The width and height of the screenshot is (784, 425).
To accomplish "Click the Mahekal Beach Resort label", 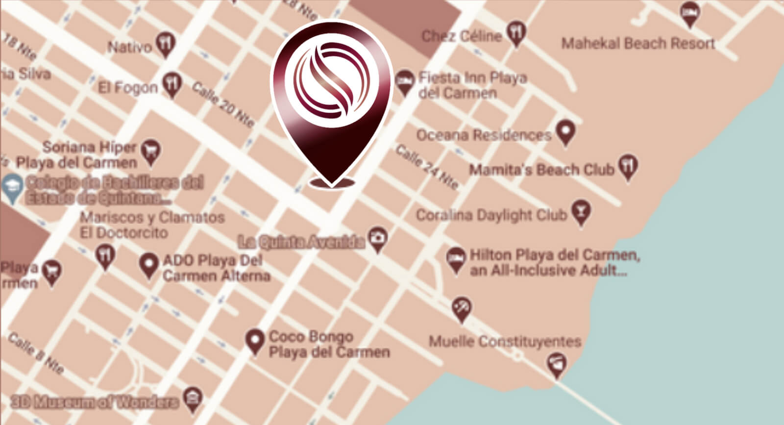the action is (638, 44).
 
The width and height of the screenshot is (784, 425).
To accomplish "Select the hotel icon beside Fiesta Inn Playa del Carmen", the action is (404, 82).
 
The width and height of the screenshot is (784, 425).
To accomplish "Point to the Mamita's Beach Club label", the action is (541, 170).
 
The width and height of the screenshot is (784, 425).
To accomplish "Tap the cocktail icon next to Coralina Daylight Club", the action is (581, 212).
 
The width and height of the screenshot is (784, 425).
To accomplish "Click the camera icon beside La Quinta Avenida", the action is (377, 239).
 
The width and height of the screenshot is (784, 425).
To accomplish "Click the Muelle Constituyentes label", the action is (505, 341).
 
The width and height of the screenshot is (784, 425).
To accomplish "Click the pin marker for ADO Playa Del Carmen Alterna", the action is (148, 265).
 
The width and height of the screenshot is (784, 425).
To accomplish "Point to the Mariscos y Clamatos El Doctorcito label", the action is (152, 225).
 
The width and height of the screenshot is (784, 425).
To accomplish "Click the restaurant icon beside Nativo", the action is (167, 44).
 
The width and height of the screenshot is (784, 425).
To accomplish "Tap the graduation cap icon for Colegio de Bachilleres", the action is (11, 186).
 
